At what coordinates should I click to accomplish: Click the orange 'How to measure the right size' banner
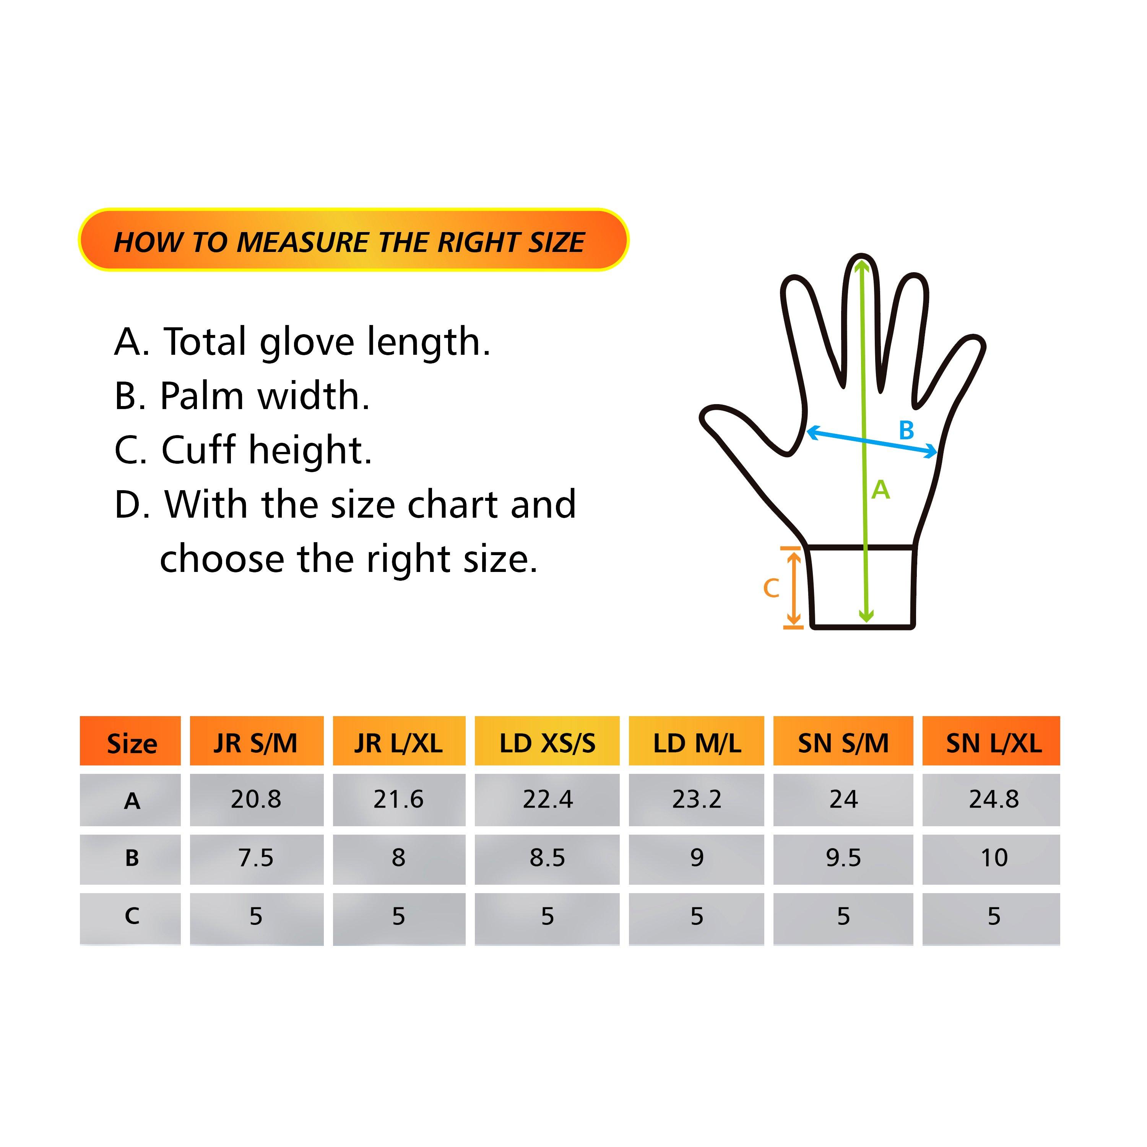(353, 240)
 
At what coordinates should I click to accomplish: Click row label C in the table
(132, 915)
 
